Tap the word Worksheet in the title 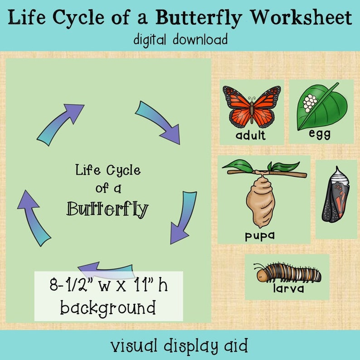coord(302,18)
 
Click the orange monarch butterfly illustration coord(252,106)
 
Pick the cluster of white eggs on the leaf coord(309,103)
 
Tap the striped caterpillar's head coord(262,274)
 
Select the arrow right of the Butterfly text coord(183,216)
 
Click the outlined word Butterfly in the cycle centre coord(108,209)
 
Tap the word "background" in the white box coord(108,308)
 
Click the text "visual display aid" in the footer coord(180,346)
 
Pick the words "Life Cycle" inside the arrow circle coord(108,171)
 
